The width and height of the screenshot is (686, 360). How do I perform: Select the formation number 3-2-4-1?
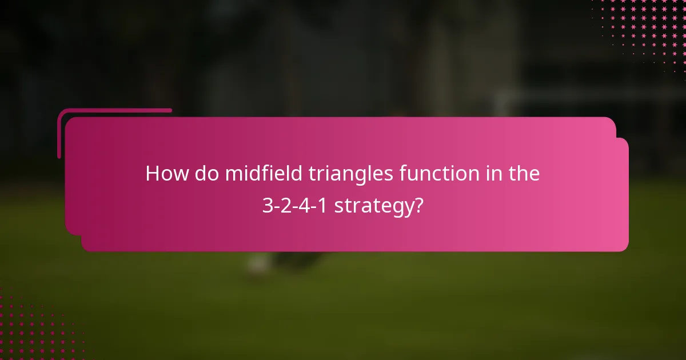(x=295, y=205)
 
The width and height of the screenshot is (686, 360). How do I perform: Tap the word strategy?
(x=373, y=206)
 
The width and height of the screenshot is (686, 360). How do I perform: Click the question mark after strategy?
(x=419, y=205)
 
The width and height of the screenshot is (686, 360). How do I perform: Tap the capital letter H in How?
(x=152, y=174)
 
